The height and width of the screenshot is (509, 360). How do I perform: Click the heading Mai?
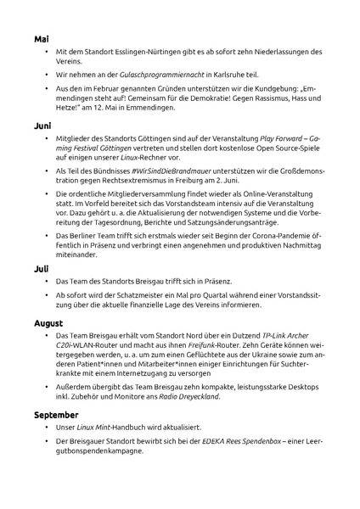tap(42, 39)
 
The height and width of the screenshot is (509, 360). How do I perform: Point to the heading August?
tap(49, 323)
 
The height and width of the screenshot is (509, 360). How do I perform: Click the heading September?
tap(56, 415)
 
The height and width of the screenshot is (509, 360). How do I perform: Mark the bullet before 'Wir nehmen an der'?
tap(47, 75)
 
